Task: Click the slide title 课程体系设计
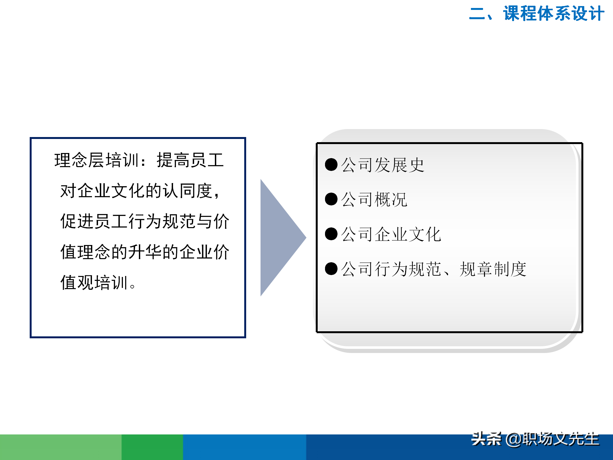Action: [x=554, y=14]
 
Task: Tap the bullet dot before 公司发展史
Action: [x=331, y=165]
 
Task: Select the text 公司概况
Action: [x=374, y=200]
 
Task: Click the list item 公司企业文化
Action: [x=391, y=234]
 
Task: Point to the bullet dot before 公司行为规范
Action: [x=331, y=269]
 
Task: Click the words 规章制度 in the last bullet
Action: [x=493, y=269]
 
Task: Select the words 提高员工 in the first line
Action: [x=190, y=160]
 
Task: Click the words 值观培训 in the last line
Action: [x=94, y=283]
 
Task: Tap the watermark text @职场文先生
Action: [x=552, y=439]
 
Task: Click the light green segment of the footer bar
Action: [x=61, y=447]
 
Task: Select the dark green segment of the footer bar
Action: [x=152, y=447]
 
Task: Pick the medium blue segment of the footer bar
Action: [x=245, y=447]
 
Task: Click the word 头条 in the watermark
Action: [x=486, y=439]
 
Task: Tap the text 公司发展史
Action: [x=382, y=165]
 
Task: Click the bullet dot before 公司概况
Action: [x=331, y=199]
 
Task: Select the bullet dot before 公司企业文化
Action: [x=331, y=234]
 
